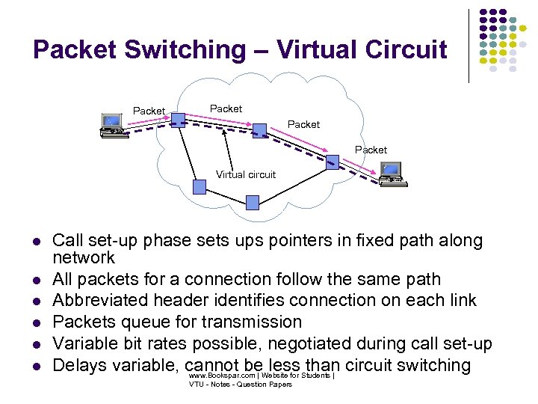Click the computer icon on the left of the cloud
click(112, 126)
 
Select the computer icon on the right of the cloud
click(391, 174)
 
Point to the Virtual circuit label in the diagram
click(246, 174)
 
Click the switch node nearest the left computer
click(178, 117)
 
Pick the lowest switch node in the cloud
click(253, 201)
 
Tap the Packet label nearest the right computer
click(371, 150)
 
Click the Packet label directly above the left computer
click(149, 111)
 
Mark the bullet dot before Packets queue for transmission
click(35, 323)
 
